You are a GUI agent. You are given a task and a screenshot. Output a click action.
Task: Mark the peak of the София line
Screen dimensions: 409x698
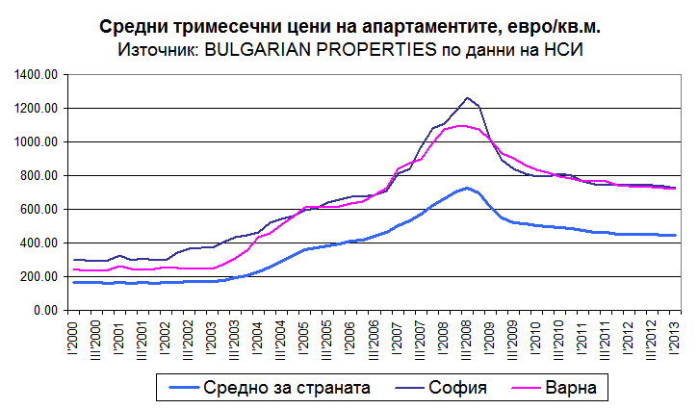point(467,98)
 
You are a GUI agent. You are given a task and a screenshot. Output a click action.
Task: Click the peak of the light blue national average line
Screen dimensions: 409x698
point(467,188)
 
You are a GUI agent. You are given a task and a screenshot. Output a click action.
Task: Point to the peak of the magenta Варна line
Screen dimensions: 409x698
point(462,125)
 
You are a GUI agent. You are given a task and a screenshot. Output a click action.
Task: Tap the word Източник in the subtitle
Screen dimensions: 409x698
point(155,49)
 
